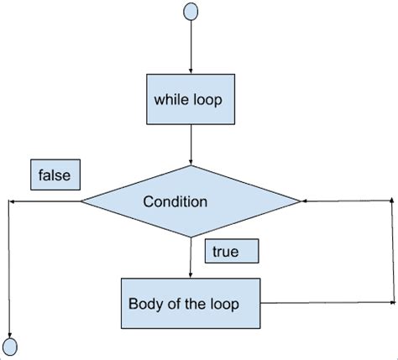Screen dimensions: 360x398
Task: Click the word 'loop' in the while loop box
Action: [205, 98]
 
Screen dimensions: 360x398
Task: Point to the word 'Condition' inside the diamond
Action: [175, 201]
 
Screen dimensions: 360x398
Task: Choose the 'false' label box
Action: [55, 175]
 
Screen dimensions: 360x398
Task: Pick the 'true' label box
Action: [230, 251]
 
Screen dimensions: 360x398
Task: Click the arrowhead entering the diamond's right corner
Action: [306, 201]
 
